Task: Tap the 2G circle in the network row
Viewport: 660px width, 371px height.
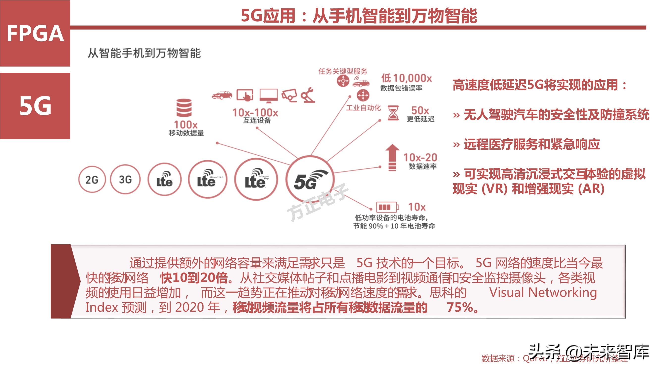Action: pos(92,180)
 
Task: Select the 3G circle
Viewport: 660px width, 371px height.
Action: pos(125,180)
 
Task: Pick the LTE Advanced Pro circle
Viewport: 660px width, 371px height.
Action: pos(256,180)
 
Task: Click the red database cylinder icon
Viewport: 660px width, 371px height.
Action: pos(184,108)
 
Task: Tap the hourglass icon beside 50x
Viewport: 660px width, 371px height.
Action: pos(393,113)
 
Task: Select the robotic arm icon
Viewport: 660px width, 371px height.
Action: pos(308,95)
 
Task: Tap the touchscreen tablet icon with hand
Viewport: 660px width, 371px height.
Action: pos(245,95)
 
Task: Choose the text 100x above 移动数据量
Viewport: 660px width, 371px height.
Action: pos(186,125)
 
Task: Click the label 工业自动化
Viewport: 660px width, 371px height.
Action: pos(363,108)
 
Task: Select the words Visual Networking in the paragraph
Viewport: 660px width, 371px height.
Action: pos(543,292)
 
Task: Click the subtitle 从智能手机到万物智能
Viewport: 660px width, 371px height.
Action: pos(144,53)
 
